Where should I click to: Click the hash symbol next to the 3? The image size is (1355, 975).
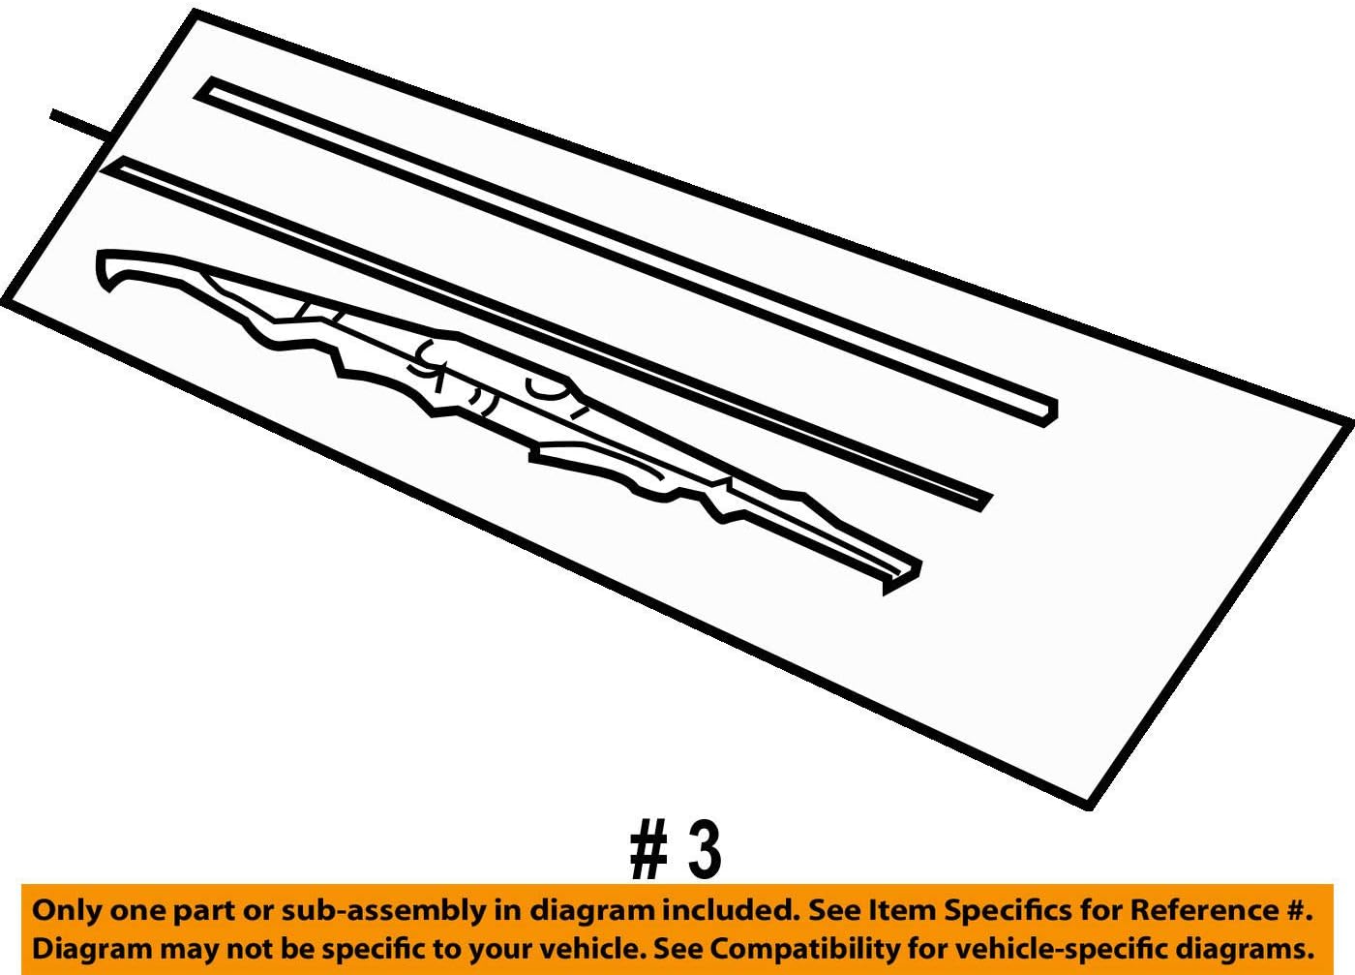[648, 850]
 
